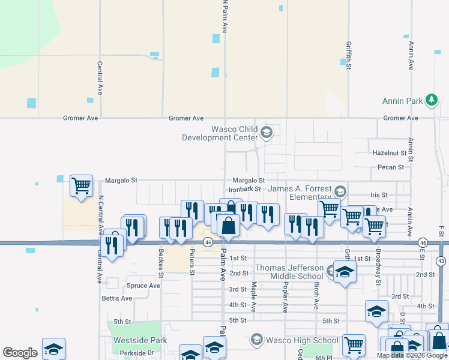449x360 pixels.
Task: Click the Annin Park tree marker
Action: tap(431, 100)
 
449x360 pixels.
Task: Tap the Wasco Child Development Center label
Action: tap(220, 133)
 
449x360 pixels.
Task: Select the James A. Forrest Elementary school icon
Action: tap(340, 191)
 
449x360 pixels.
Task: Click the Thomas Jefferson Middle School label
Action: tap(291, 272)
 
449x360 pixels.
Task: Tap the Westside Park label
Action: tap(136, 340)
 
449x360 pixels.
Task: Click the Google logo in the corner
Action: tap(20, 353)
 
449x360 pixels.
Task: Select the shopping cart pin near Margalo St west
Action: tap(81, 185)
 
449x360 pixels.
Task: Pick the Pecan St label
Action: tap(391, 167)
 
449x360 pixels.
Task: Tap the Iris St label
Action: tap(379, 195)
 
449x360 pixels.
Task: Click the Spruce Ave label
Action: tap(143, 286)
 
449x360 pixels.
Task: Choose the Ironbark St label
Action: tap(244, 189)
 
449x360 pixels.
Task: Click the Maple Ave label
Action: tap(254, 297)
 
